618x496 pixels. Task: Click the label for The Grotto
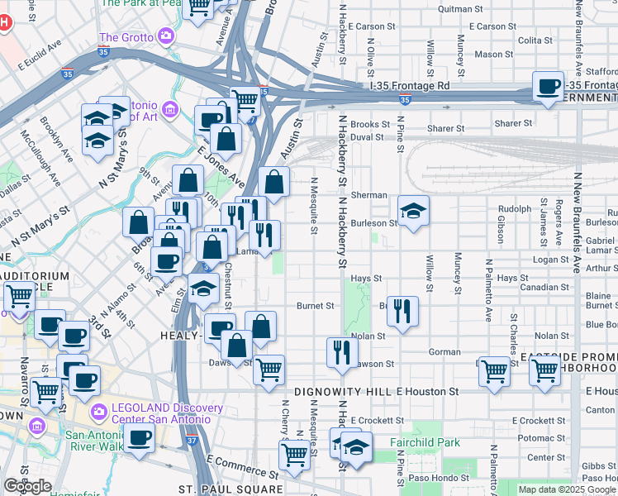click(126, 37)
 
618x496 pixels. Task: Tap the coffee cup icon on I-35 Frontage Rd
click(547, 87)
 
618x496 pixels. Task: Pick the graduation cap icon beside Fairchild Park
click(356, 447)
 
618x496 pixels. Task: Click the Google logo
click(27, 486)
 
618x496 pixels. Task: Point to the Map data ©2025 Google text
click(567, 489)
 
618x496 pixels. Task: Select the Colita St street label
click(535, 40)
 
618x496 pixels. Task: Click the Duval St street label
click(367, 137)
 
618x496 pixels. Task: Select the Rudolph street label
click(514, 208)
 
